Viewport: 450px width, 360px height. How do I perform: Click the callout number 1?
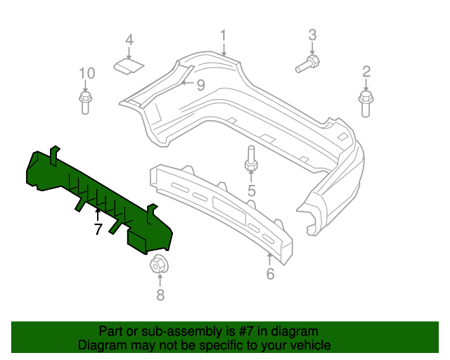(x=223, y=35)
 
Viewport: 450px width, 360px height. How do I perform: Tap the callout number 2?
(x=366, y=71)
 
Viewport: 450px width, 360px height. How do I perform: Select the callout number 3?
(x=313, y=34)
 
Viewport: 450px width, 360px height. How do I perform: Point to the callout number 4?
(x=129, y=40)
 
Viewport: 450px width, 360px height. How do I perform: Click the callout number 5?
(x=251, y=190)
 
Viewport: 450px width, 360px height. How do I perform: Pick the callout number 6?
(x=270, y=274)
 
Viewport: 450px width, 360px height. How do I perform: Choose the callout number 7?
(x=98, y=229)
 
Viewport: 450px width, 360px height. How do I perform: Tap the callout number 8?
(x=160, y=295)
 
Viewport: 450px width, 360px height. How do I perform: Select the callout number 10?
(x=86, y=73)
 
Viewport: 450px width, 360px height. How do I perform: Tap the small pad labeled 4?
(x=129, y=66)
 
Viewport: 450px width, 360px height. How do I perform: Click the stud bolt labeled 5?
(x=251, y=160)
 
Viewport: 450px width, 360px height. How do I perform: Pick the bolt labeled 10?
(x=85, y=103)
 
